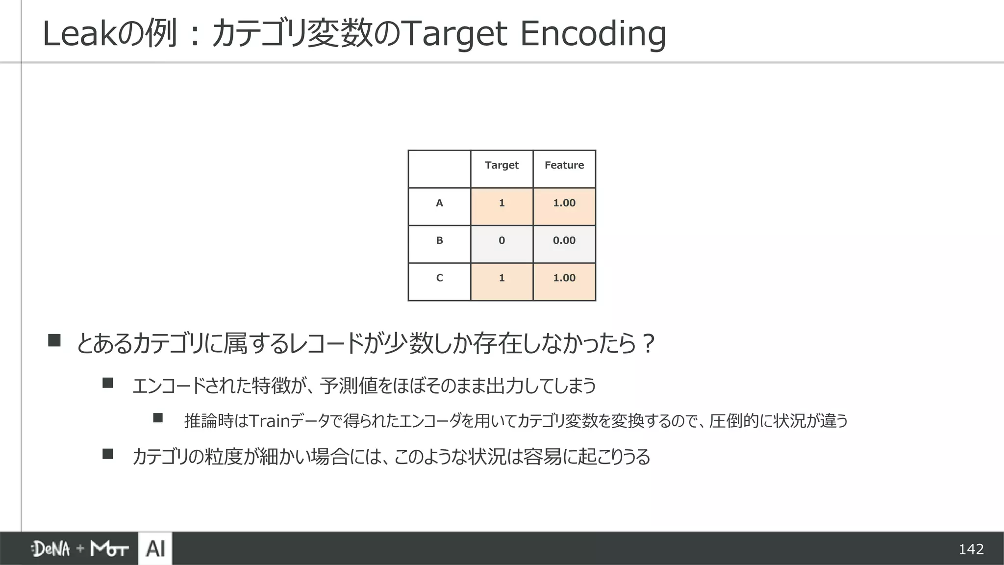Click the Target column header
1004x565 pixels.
tap(502, 165)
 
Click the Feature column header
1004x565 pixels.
tap(564, 165)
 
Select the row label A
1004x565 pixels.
tap(439, 203)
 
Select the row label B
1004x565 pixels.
tap(439, 241)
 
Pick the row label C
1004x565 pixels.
tap(439, 278)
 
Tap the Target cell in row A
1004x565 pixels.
tap(502, 203)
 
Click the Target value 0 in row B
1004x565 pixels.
tap(502, 241)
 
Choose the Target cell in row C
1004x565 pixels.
tap(502, 278)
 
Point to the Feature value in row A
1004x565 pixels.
tap(564, 203)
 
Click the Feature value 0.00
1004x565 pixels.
tap(564, 241)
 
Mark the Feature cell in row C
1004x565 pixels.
tap(564, 278)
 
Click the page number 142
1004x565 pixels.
tap(971, 549)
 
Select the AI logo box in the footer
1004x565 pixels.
tap(155, 548)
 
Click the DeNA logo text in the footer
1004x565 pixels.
tap(51, 549)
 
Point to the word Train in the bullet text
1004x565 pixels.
tap(270, 421)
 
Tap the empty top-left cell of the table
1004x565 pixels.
tap(439, 169)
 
